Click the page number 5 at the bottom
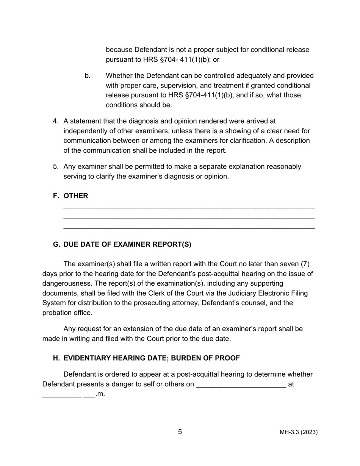180,432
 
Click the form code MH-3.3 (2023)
299,432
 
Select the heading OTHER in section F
76,196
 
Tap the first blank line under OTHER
189,209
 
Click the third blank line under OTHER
189,228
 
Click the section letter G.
56,244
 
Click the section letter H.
56,358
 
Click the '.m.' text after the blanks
100,394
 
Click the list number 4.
56,121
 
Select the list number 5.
56,167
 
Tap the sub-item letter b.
88,76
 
